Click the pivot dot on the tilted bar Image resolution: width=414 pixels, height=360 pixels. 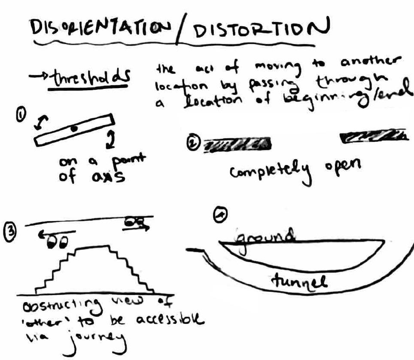[x=74, y=128]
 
